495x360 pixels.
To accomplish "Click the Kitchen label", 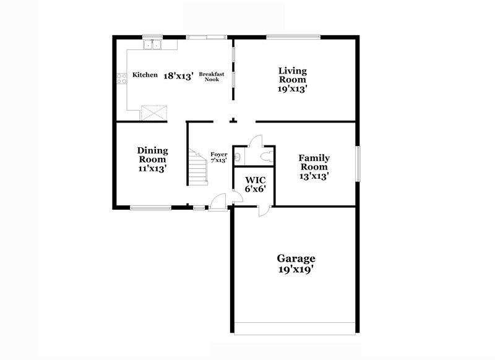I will [145, 75].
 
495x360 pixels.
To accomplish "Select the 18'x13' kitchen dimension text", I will [179, 76].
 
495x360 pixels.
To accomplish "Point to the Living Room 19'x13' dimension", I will [293, 88].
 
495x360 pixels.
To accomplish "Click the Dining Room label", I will [152, 155].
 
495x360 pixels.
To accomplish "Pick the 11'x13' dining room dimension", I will [152, 168].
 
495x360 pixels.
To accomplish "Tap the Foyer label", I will [218, 154].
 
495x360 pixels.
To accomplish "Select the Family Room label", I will [314, 162].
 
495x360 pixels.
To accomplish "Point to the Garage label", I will [296, 259].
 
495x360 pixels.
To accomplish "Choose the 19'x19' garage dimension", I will [296, 270].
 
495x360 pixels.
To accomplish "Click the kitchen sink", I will [152, 45].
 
